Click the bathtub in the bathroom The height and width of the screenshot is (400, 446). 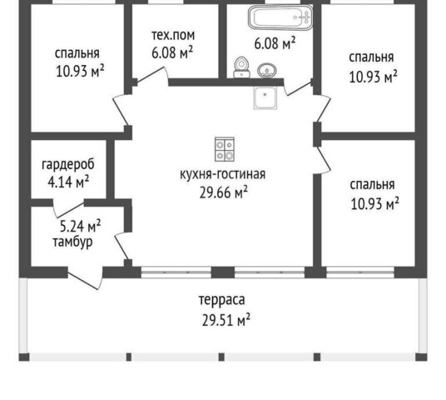280,17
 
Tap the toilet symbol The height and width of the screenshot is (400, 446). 241,67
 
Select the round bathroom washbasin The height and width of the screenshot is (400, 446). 267,70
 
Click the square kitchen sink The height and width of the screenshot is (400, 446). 265,97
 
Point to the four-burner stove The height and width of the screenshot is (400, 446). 225,149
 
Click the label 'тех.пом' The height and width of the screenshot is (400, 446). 173,35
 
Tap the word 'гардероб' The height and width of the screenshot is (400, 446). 68,164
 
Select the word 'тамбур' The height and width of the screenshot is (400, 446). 73,242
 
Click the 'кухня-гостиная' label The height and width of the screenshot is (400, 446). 223,174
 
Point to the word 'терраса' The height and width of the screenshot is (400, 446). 221,300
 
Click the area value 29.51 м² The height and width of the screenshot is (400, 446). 226,320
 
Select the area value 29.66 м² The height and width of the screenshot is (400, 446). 224,192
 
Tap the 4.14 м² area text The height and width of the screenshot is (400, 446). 68,182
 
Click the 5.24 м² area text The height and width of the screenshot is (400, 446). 81,226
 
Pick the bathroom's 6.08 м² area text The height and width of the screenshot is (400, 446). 275,43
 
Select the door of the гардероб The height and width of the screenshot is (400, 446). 68,208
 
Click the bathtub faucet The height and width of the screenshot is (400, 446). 305,17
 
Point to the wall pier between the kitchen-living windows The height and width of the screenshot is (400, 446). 223,272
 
